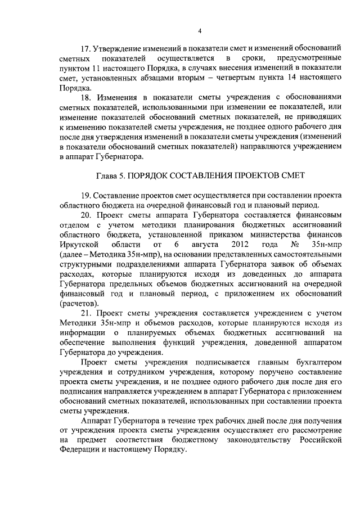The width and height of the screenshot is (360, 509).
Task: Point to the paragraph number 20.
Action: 86,230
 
